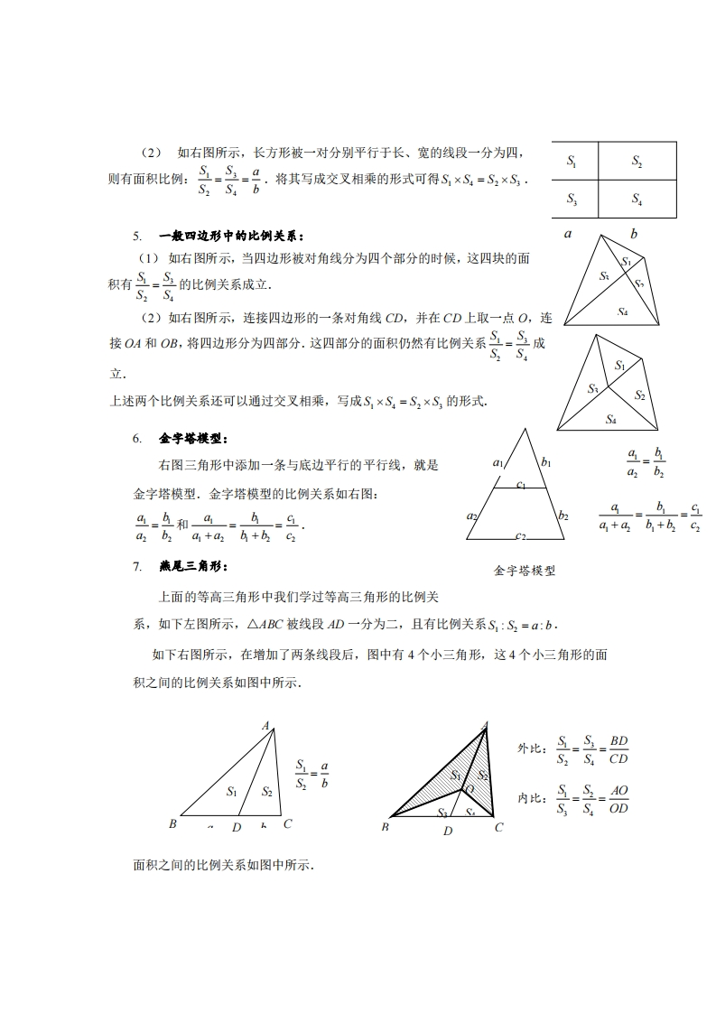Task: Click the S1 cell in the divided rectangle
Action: click(x=572, y=161)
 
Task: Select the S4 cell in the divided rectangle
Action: click(x=637, y=199)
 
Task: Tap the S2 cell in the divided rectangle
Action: click(x=637, y=161)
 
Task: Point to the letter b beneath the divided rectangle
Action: click(x=634, y=234)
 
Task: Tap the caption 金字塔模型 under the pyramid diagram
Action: click(x=525, y=571)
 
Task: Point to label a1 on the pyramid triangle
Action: click(x=498, y=462)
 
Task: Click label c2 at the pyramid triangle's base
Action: click(x=521, y=536)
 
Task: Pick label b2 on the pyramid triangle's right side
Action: click(x=563, y=516)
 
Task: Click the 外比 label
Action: click(x=530, y=748)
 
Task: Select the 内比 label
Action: click(x=530, y=798)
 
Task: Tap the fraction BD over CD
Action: click(x=618, y=749)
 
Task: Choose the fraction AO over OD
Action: click(x=618, y=799)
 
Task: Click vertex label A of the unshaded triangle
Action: click(x=266, y=725)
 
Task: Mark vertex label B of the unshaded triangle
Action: click(x=172, y=823)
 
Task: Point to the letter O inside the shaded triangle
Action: click(x=469, y=789)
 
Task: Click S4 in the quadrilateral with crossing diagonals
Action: click(x=622, y=311)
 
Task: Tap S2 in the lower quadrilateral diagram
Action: click(x=639, y=395)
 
